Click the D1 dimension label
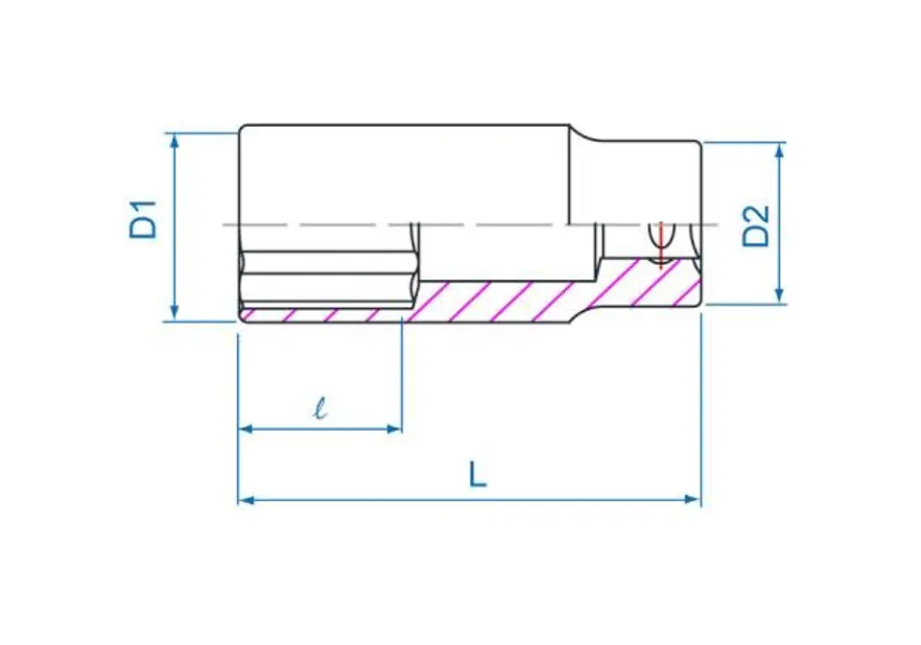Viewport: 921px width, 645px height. pos(144,219)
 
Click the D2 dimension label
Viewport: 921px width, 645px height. pos(756,227)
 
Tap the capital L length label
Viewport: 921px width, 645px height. pos(478,475)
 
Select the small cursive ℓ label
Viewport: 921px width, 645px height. pos(320,407)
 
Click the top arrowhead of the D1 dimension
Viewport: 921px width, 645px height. pos(174,140)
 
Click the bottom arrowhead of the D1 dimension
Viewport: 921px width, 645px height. pos(174,313)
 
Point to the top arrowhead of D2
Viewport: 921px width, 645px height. pos(779,150)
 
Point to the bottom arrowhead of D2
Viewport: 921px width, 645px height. pos(779,296)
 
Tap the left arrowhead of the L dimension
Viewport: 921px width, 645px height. pos(247,500)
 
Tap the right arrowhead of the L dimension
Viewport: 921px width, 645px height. pos(693,500)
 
